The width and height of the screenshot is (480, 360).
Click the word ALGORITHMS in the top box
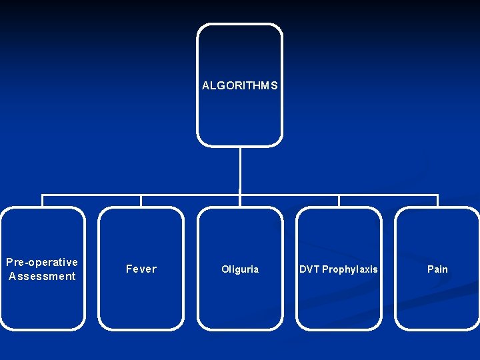239,86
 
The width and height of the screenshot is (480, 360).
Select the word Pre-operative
42,262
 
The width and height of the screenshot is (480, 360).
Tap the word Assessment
42,276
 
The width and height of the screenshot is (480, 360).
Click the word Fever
141,269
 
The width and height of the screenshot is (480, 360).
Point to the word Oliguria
240,269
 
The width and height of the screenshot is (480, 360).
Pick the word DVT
309,269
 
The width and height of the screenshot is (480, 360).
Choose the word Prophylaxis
350,269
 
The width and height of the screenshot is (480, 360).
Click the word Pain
437,269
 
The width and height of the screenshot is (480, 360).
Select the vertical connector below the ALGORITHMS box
239,170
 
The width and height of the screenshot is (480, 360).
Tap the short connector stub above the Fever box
141,201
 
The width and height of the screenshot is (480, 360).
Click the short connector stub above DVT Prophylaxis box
339,201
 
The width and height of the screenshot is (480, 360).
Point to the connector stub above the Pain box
437,201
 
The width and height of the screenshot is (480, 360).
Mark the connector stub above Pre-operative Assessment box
43,201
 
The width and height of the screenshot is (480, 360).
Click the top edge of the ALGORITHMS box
239,25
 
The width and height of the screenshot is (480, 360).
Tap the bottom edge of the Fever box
141,329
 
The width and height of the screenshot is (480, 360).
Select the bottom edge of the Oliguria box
240,329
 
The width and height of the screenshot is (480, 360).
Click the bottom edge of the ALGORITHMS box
239,145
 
